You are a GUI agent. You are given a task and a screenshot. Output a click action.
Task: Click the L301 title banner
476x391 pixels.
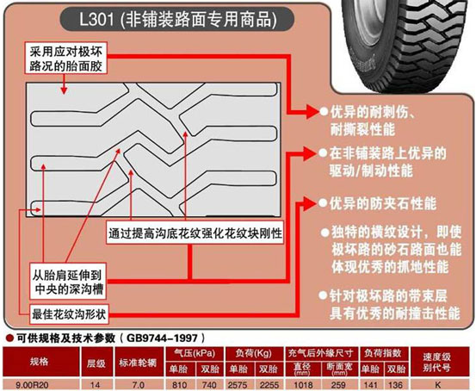coord(177,19)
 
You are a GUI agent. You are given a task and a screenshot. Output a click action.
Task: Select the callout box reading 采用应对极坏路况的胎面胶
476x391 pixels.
coord(65,59)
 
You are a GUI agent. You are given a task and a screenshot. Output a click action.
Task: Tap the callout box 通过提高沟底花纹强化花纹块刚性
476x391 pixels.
coord(195,233)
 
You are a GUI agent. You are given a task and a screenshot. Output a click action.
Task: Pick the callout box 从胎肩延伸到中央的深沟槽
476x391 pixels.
coord(68,282)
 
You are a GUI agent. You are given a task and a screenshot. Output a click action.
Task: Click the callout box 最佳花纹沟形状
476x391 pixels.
coord(69,314)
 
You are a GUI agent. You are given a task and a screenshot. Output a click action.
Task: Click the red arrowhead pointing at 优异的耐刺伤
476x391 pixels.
coord(312,111)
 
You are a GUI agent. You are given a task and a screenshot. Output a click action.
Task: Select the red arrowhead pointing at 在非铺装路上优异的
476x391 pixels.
coord(310,153)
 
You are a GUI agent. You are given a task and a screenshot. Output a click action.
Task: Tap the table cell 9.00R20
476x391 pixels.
coord(32,385)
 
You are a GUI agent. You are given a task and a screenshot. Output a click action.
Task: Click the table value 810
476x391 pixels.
coord(179,385)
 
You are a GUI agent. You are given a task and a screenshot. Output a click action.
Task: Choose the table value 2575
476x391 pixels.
coord(238,385)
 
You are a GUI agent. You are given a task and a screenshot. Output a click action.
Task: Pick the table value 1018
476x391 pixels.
coord(303,385)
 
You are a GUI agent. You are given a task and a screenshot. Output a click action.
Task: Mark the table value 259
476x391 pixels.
coord(338,385)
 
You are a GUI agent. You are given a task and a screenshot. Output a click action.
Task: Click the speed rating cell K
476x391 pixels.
coord(438,385)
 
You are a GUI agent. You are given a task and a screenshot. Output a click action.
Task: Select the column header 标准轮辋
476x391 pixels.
coord(138,363)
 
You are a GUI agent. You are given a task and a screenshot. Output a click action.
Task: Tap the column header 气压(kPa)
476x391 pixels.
coord(195,353)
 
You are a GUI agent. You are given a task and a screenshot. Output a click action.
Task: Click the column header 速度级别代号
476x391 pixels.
coord(436,363)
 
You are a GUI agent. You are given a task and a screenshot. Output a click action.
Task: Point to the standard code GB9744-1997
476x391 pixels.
coord(162,338)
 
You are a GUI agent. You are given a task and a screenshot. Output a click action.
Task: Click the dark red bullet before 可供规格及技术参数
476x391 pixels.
coord(10,338)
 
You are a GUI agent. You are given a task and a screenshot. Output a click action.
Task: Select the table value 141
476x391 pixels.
coord(370,385)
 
